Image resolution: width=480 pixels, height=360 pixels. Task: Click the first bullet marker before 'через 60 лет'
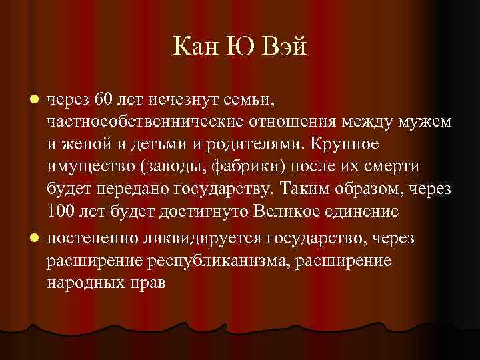pos(38,100)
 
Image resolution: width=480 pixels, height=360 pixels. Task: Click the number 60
pos(105,100)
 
